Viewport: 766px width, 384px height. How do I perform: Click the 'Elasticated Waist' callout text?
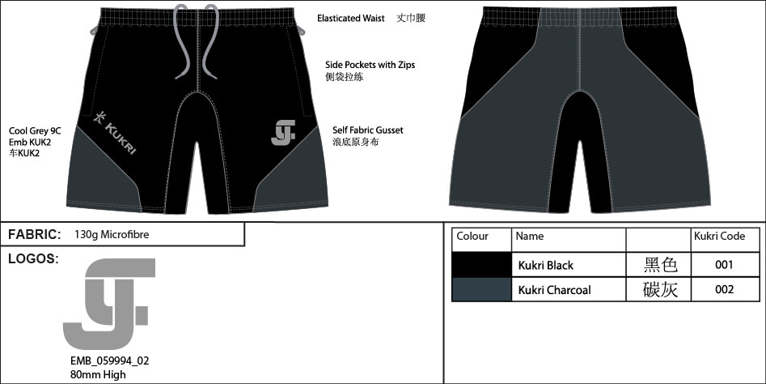(351, 19)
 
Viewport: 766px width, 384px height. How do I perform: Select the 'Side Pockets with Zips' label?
(370, 65)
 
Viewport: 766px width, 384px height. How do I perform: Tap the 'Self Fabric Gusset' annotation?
(368, 130)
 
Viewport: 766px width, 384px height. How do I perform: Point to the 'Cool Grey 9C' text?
(35, 131)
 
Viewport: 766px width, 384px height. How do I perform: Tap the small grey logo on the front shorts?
(283, 133)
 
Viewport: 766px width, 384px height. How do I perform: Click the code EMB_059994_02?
(109, 361)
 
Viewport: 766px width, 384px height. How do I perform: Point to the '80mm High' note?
(98, 375)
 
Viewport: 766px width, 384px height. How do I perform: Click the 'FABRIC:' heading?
(34, 234)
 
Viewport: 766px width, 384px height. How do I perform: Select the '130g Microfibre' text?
(112, 234)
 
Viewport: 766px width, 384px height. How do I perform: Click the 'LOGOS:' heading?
(33, 258)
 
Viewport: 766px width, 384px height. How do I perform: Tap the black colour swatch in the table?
(481, 265)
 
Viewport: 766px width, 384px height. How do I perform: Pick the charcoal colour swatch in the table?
(481, 289)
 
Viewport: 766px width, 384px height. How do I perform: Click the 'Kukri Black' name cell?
(546, 265)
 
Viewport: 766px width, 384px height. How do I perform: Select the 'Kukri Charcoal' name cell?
(554, 289)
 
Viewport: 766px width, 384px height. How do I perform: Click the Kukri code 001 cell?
(724, 265)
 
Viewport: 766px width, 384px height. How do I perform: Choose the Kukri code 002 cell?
(724, 289)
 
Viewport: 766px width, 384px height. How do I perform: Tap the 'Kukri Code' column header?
(719, 237)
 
